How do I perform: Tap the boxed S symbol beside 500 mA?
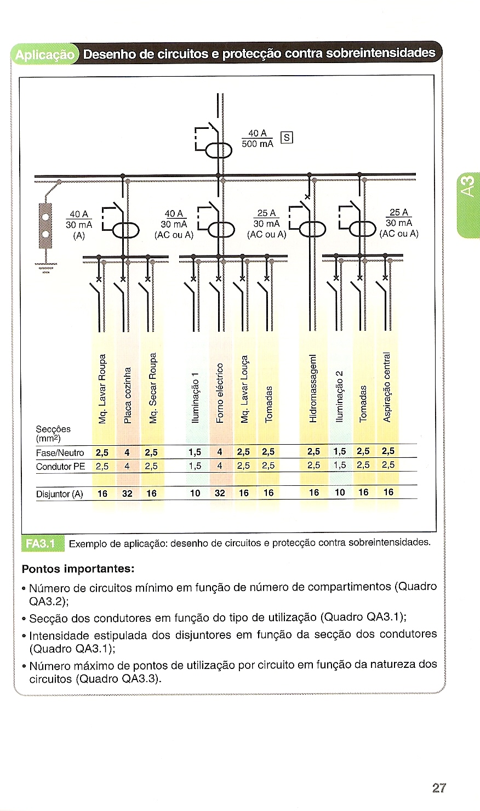(x=287, y=138)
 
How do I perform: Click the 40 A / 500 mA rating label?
(x=258, y=138)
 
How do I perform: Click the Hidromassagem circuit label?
(x=313, y=387)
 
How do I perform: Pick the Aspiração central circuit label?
(x=387, y=387)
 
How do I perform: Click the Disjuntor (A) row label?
(x=60, y=494)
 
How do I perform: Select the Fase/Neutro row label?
(x=60, y=453)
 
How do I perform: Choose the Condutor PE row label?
(x=61, y=467)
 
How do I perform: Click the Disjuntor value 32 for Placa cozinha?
(x=127, y=494)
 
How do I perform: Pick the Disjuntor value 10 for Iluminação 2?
(x=340, y=492)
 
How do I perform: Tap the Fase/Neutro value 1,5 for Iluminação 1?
(x=195, y=452)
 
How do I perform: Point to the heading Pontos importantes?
(x=78, y=568)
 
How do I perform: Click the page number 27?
(x=439, y=788)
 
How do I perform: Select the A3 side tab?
(x=468, y=185)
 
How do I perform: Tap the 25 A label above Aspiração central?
(x=398, y=213)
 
